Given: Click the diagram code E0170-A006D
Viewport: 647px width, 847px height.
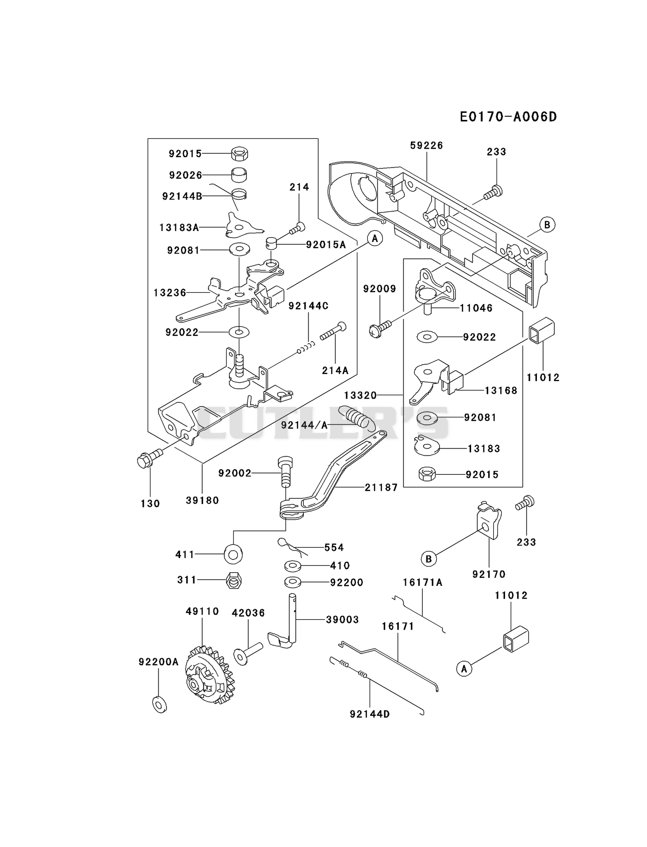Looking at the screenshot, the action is point(508,117).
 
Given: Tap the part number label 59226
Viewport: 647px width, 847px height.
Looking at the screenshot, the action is point(426,145).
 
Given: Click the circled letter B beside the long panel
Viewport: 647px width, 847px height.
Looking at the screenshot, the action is point(547,224).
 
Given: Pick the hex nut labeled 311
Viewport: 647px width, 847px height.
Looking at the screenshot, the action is point(234,581).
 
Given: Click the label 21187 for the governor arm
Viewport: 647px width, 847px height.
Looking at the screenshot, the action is point(381,487).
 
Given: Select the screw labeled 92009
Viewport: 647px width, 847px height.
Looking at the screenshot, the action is point(380,328).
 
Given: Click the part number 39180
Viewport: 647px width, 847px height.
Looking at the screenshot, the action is point(202,500).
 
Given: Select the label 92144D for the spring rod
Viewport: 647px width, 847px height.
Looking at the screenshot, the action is point(370,714).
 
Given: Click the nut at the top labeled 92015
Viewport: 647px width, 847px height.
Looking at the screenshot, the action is point(240,153).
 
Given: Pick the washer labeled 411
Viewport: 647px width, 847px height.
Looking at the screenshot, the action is point(233,554).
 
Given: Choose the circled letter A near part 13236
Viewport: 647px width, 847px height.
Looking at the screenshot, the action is point(375,239).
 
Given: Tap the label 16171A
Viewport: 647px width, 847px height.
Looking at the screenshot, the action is point(423,583).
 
